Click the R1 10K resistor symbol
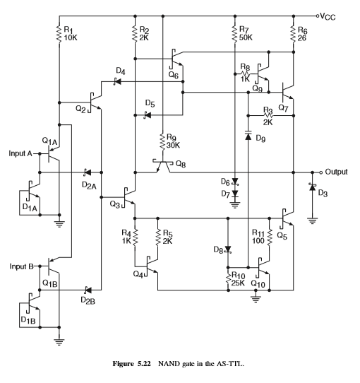click(59, 33)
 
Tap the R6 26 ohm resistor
click(294, 33)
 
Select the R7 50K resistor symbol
click(235, 33)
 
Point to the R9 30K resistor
click(163, 141)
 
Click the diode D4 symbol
click(117, 81)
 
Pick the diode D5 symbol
click(147, 114)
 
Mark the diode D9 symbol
click(248, 136)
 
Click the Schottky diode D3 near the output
click(312, 187)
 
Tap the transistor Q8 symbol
click(163, 166)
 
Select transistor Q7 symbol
click(287, 93)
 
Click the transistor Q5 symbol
click(287, 218)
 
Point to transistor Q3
click(129, 197)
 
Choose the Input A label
click(20, 153)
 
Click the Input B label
click(21, 266)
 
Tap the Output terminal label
click(336, 172)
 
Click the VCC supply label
click(328, 17)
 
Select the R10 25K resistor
click(228, 279)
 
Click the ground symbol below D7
click(235, 205)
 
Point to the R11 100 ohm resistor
click(270, 237)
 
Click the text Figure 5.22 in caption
click(131, 364)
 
